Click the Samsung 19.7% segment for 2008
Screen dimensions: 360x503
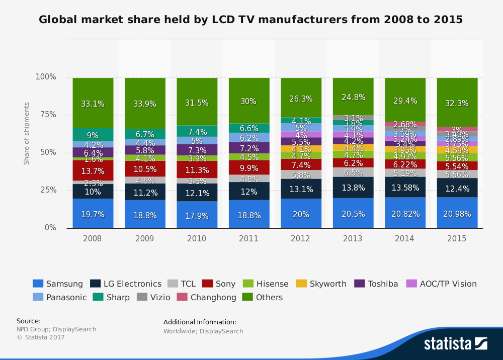(93, 214)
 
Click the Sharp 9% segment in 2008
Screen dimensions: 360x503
(93, 135)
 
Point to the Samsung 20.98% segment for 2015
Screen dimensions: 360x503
(457, 213)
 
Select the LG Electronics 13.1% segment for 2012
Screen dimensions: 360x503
(301, 189)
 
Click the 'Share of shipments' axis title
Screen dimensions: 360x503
(27, 133)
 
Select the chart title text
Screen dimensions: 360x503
(251, 20)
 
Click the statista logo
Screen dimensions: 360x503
(455, 343)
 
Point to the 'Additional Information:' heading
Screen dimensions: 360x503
(200, 322)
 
